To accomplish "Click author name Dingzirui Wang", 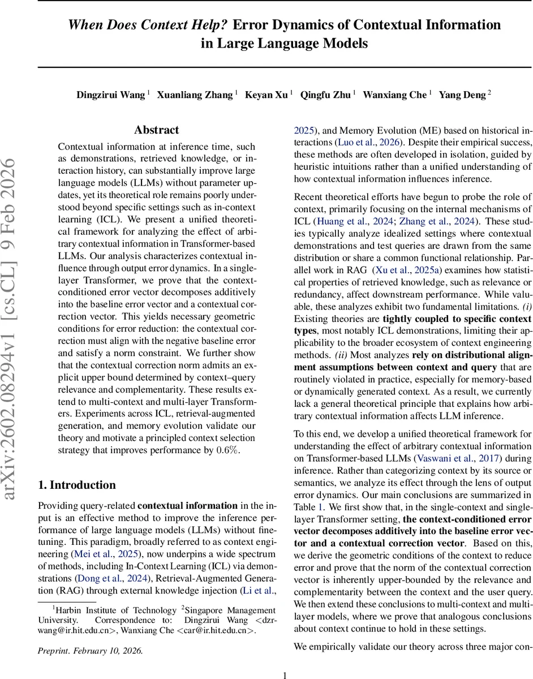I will (x=110, y=94).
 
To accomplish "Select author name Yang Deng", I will (x=463, y=94).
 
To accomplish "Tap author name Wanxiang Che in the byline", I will (x=394, y=94).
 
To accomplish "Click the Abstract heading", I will (x=157, y=130).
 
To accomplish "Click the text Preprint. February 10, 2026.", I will (x=91, y=651).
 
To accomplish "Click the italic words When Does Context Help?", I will (x=148, y=25).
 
